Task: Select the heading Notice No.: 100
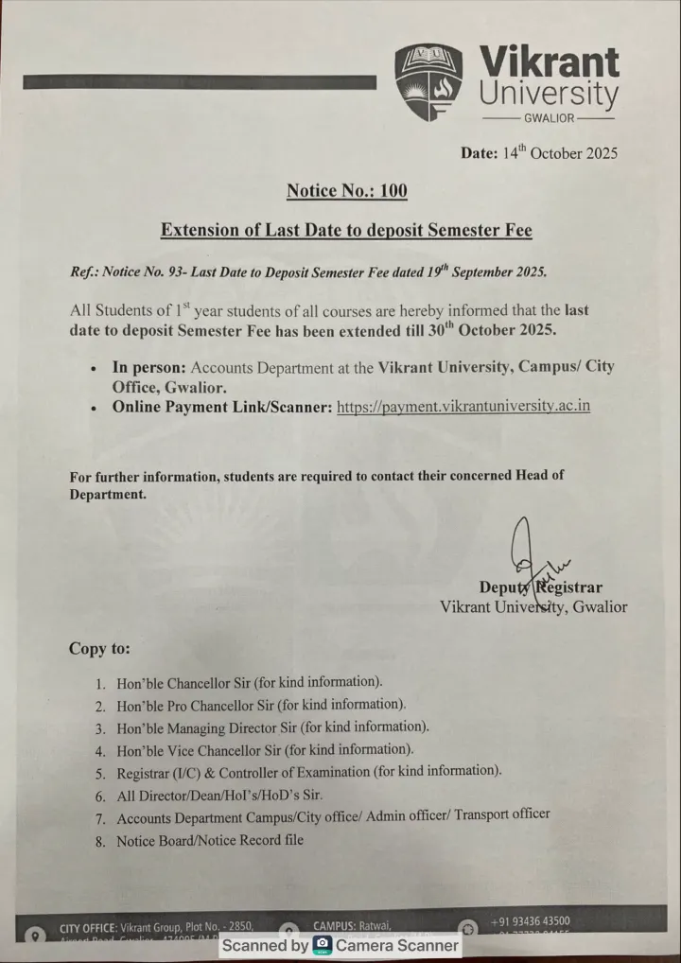(346, 191)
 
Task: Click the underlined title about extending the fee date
(346, 230)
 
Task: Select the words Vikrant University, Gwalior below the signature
(533, 607)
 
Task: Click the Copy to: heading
(99, 649)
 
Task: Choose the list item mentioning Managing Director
(272, 727)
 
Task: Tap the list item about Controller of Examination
(308, 771)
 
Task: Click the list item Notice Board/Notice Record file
(210, 840)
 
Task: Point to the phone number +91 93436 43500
(530, 921)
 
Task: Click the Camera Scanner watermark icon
(323, 945)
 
